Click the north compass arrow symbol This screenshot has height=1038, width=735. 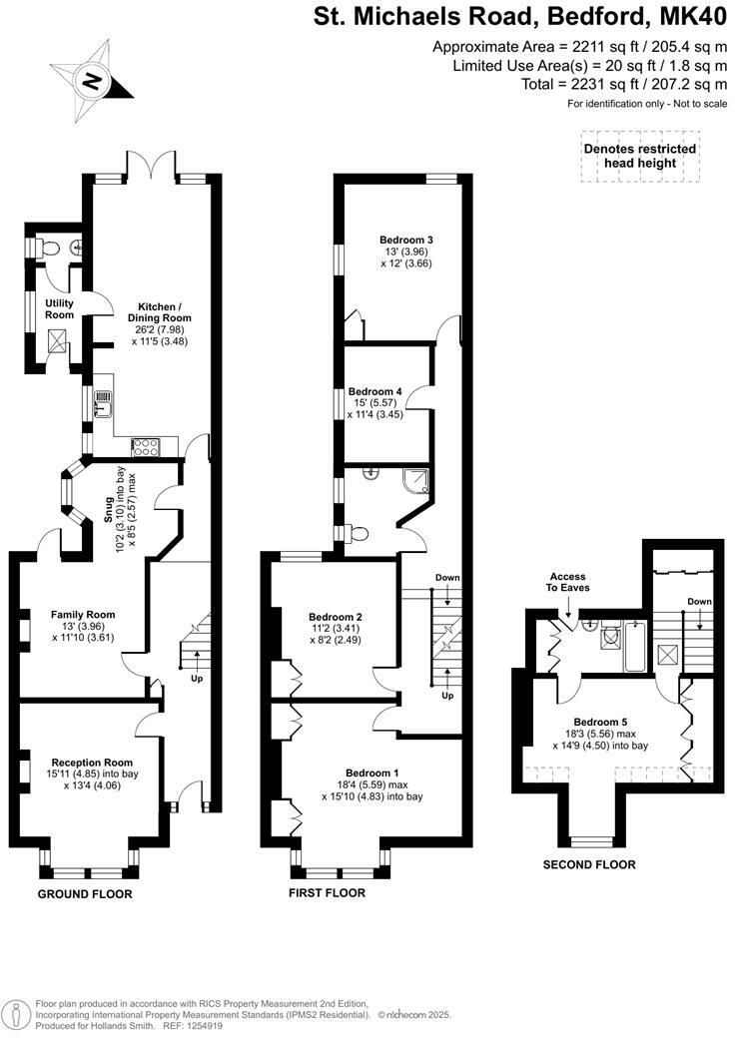[x=92, y=80]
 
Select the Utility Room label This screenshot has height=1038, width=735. [x=59, y=308]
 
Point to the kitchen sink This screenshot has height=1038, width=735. [x=103, y=402]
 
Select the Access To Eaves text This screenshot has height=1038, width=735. [x=568, y=582]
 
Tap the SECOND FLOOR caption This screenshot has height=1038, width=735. [x=588, y=864]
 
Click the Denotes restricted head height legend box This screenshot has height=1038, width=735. [x=640, y=156]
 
